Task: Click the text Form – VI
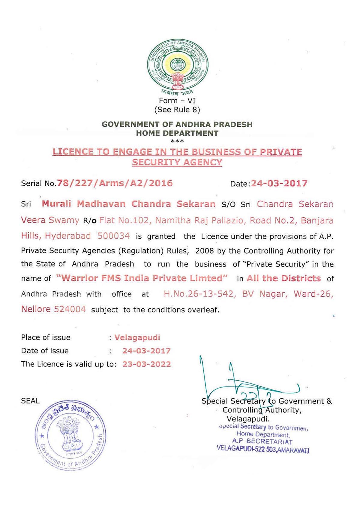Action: pos(177,100)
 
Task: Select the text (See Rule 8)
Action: pos(177,109)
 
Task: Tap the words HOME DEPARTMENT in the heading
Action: pos(177,133)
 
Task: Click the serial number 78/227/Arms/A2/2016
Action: pos(115,183)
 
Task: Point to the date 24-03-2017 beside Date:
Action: pos(279,183)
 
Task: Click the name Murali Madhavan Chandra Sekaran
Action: pos(128,204)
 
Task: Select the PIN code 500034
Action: pos(114,236)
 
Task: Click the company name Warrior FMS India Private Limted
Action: pos(142,278)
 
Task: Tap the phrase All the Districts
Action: pos(283,278)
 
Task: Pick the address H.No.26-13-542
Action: pos(198,294)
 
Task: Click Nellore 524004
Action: pos(53,309)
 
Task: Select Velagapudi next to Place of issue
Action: pos(137,337)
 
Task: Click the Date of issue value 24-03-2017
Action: pos(146,351)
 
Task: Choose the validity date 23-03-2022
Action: pos(146,364)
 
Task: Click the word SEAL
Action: pos(30,401)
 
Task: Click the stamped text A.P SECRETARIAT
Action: pos(262,442)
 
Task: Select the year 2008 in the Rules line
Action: pos(205,251)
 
